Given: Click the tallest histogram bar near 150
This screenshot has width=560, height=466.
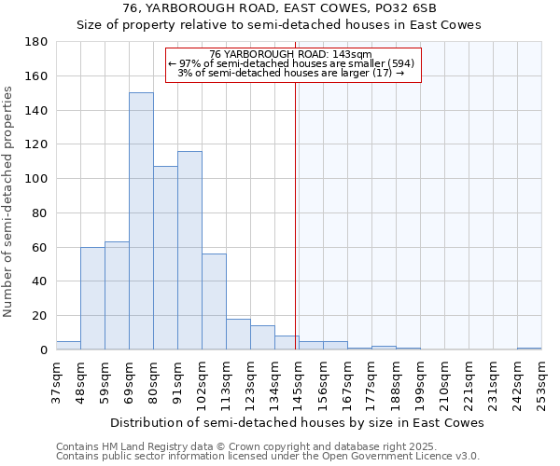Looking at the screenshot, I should coord(141,221).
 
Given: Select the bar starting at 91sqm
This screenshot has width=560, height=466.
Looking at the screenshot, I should coord(189,250).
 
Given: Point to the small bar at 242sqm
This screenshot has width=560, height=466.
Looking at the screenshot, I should coord(529,348).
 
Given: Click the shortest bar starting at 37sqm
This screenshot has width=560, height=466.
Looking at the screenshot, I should coord(68,345).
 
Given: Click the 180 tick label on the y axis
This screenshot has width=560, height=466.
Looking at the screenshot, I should coord(36,42).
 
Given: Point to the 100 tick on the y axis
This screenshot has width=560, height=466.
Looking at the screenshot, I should coord(36,179).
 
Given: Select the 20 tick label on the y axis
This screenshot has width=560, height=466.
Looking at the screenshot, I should coord(40,316).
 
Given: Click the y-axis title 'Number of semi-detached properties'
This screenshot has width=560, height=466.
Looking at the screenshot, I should coord(8,201).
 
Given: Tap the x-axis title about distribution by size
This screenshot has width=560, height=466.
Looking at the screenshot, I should coord(297,422).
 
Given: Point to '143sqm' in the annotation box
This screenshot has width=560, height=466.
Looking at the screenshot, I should coord(354,54).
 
